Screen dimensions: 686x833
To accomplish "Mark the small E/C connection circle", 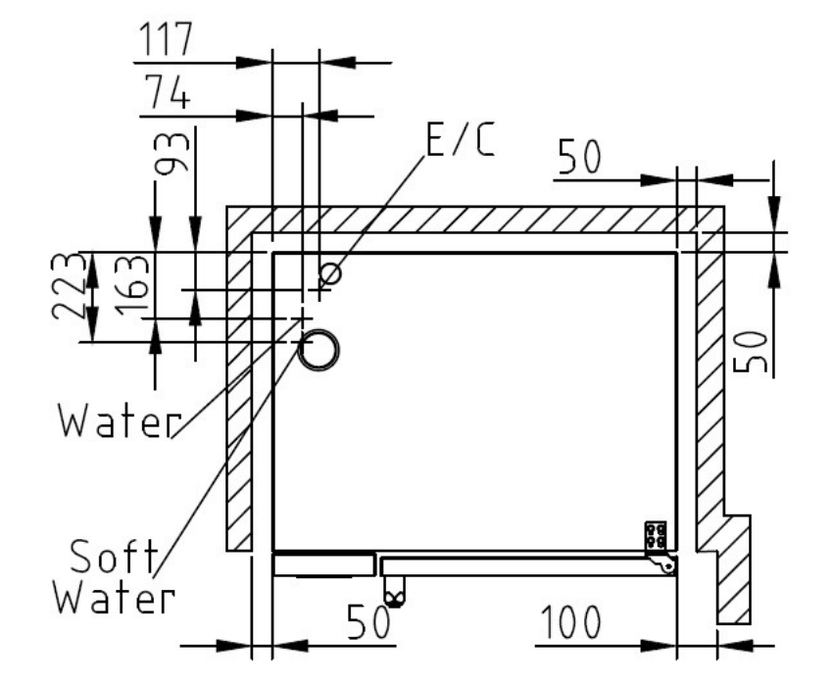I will tap(332, 273).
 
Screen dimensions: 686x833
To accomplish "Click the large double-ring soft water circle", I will tap(318, 350).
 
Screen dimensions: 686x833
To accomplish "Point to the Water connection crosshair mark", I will tap(304, 318).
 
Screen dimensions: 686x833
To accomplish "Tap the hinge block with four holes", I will tap(655, 535).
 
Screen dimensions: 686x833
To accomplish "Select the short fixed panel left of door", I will tap(323, 564).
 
